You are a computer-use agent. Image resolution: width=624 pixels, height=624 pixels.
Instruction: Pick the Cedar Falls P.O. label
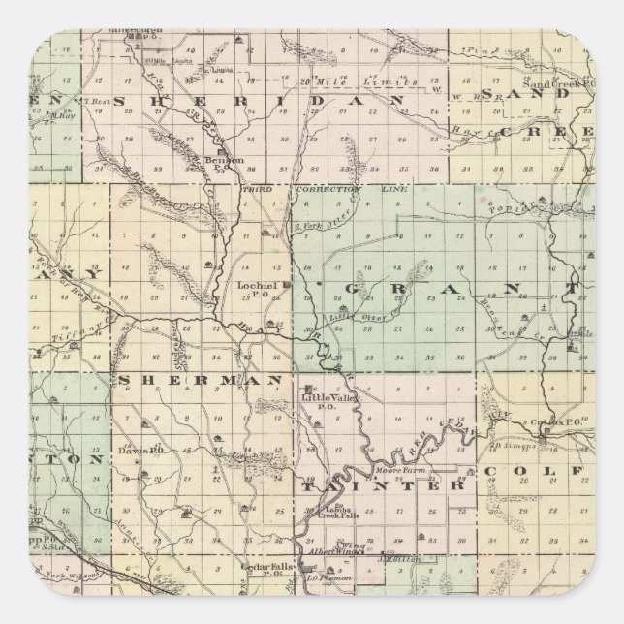(x=262, y=570)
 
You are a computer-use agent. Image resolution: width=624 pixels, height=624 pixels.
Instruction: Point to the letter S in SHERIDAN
(x=121, y=101)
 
